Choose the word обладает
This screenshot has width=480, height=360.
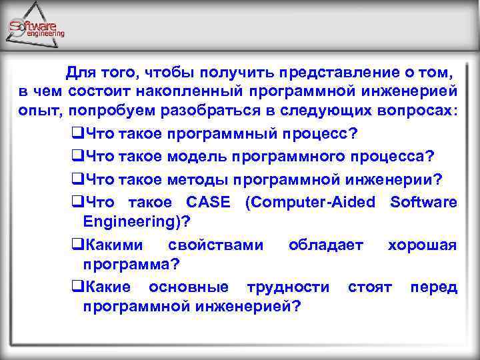click(x=326, y=245)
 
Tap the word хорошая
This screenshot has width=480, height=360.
click(x=422, y=245)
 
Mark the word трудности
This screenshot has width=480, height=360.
click(x=288, y=287)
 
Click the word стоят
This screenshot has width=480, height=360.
click(x=369, y=287)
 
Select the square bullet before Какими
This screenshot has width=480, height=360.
click(x=76, y=245)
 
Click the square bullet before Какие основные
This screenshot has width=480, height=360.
click(x=76, y=287)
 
